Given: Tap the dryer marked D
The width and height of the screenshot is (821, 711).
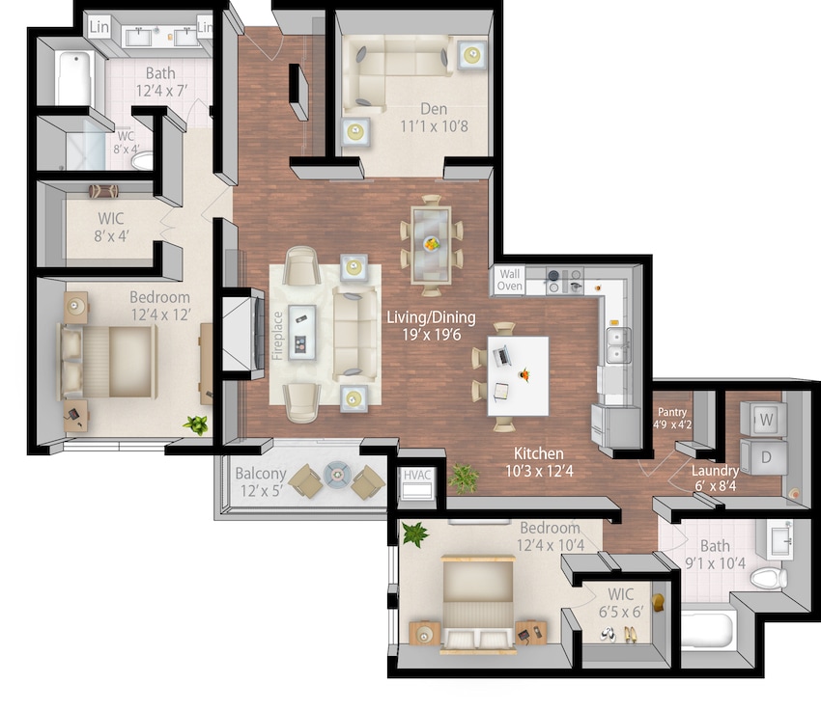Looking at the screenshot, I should (764, 457).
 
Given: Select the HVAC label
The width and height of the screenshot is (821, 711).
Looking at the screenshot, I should (417, 475).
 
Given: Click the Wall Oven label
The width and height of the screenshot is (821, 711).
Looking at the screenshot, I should (509, 281).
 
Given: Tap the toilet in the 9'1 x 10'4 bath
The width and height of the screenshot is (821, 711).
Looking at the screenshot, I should (769, 578).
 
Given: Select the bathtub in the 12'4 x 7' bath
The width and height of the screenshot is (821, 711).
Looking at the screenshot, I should (73, 78).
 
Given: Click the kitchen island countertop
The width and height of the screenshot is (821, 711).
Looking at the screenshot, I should (519, 373).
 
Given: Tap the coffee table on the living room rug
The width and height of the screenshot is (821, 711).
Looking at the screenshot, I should (303, 330).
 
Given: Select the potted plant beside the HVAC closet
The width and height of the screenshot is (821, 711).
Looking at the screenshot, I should (465, 477).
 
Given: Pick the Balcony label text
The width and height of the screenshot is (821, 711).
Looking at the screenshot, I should (260, 474).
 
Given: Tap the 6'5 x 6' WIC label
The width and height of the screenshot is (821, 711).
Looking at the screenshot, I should (615, 603).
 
